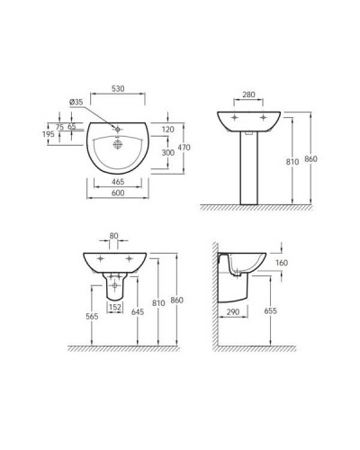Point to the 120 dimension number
point(168,129)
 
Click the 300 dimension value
point(168,154)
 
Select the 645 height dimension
point(138,312)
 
